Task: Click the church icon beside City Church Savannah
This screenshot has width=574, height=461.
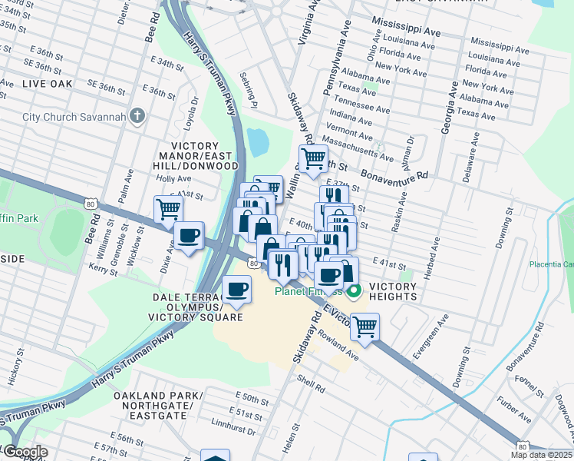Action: tap(137, 117)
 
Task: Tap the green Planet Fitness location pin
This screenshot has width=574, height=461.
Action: tap(354, 292)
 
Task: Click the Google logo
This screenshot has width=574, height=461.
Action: tap(25, 452)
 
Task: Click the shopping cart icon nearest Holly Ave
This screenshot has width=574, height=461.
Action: tap(168, 208)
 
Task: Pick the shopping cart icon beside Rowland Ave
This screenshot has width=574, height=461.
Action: tap(365, 327)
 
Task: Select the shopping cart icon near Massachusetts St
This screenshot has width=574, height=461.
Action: tap(313, 158)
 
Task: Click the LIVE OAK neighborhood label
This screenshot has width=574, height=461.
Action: tap(48, 82)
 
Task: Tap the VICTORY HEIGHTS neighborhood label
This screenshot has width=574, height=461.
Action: tap(392, 291)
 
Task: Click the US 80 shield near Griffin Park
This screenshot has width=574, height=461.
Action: tap(91, 204)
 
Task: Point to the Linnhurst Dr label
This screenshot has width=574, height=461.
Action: tap(233, 429)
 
